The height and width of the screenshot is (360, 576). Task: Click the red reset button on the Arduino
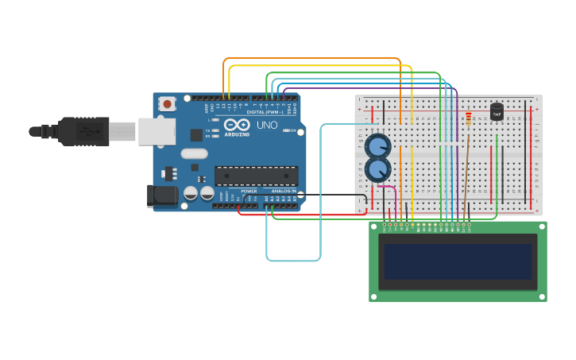pyautogui.click(x=167, y=103)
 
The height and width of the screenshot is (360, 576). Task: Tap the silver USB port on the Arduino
pyautogui.click(x=157, y=131)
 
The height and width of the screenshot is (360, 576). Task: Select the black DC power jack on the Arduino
pyautogui.click(x=163, y=195)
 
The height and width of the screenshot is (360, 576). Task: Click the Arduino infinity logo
pyautogui.click(x=236, y=125)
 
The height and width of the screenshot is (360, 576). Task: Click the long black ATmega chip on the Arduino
pyautogui.click(x=256, y=176)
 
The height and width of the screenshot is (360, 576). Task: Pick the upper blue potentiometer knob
pyautogui.click(x=377, y=145)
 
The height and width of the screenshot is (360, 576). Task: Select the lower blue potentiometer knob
pyautogui.click(x=378, y=168)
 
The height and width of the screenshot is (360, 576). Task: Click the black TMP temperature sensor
pyautogui.click(x=497, y=111)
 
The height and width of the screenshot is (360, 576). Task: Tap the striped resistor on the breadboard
pyautogui.click(x=468, y=118)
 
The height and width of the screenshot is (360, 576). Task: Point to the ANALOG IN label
pyautogui.click(x=284, y=192)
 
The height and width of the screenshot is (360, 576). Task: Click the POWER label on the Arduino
pyautogui.click(x=249, y=192)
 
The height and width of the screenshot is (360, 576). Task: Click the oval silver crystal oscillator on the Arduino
pyautogui.click(x=194, y=154)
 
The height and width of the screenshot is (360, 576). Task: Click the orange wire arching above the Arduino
pyautogui.click(x=310, y=58)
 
